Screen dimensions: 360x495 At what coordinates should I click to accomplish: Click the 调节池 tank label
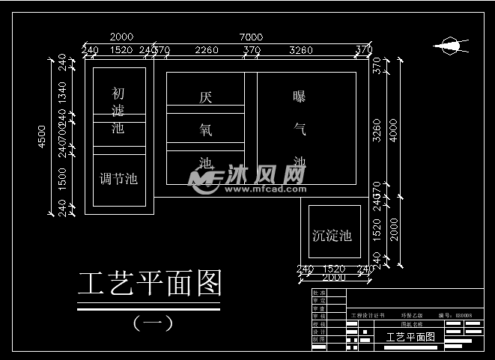point(118,179)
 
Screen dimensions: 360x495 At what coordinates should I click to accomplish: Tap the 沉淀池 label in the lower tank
point(332,236)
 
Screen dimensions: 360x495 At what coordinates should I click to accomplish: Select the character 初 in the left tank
point(118,94)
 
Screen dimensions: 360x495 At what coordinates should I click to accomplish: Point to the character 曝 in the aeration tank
point(300,97)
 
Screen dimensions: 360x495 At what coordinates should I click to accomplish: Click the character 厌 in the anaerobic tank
point(206,97)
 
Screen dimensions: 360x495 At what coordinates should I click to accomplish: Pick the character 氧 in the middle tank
point(206,129)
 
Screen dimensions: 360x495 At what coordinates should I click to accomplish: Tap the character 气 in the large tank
point(300,129)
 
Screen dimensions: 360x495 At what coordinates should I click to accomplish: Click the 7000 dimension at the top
point(250,37)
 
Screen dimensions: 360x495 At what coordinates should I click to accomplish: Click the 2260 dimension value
point(206,50)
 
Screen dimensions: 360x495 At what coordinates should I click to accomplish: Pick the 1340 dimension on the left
point(62,93)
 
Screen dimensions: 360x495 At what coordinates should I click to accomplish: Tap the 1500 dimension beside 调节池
point(62,178)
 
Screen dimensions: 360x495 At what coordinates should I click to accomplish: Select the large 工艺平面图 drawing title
point(151,284)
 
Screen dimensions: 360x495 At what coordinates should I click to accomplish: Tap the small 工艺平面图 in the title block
point(410,338)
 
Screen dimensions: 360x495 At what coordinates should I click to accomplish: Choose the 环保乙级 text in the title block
point(413,316)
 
